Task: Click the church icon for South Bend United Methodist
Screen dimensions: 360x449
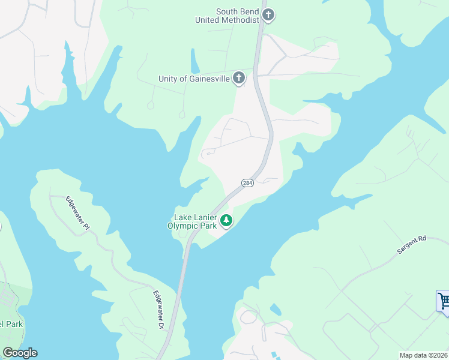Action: pos(268,15)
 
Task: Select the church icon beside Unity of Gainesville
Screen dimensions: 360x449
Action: pos(239,78)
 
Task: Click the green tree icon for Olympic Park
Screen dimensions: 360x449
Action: pos(226,221)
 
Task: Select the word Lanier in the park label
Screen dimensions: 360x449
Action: pos(206,217)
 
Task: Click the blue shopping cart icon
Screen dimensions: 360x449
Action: pos(443,300)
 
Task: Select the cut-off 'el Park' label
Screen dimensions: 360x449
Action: pos(10,325)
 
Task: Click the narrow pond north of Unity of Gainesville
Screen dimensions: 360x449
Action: pos(195,60)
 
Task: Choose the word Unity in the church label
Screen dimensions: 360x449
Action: pos(169,79)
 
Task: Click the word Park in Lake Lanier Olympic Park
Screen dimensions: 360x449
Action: pos(207,226)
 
